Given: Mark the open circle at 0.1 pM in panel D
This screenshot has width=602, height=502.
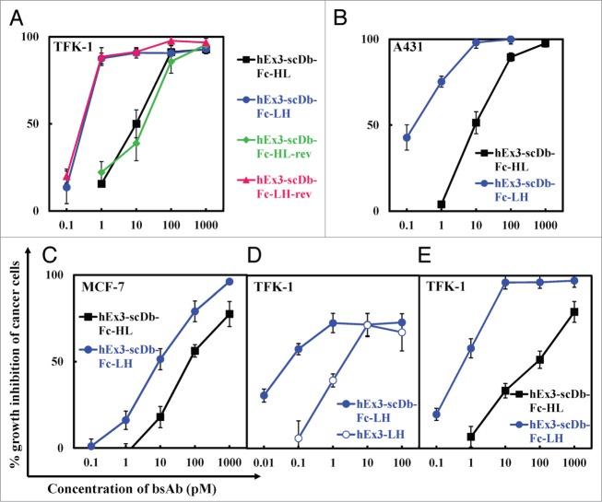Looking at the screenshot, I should click(x=298, y=439).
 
